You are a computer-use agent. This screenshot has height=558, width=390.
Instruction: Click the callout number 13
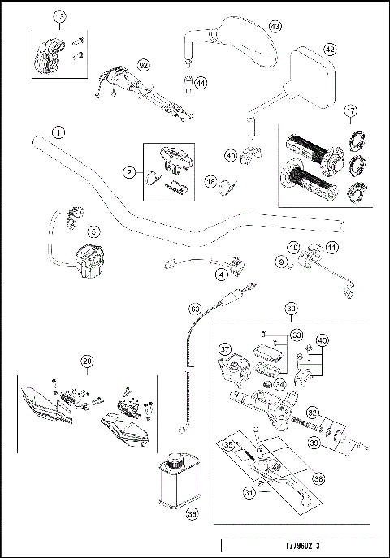(58, 17)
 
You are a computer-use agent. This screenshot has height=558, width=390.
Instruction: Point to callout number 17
(350, 112)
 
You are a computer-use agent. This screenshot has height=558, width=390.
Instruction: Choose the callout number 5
(94, 231)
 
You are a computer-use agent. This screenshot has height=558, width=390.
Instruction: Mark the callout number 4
(221, 275)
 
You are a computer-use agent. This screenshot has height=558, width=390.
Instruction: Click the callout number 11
(331, 247)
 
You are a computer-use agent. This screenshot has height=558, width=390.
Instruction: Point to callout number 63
(195, 308)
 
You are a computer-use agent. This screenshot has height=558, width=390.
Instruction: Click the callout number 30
(292, 309)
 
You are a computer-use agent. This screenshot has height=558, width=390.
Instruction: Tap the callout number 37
(226, 349)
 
